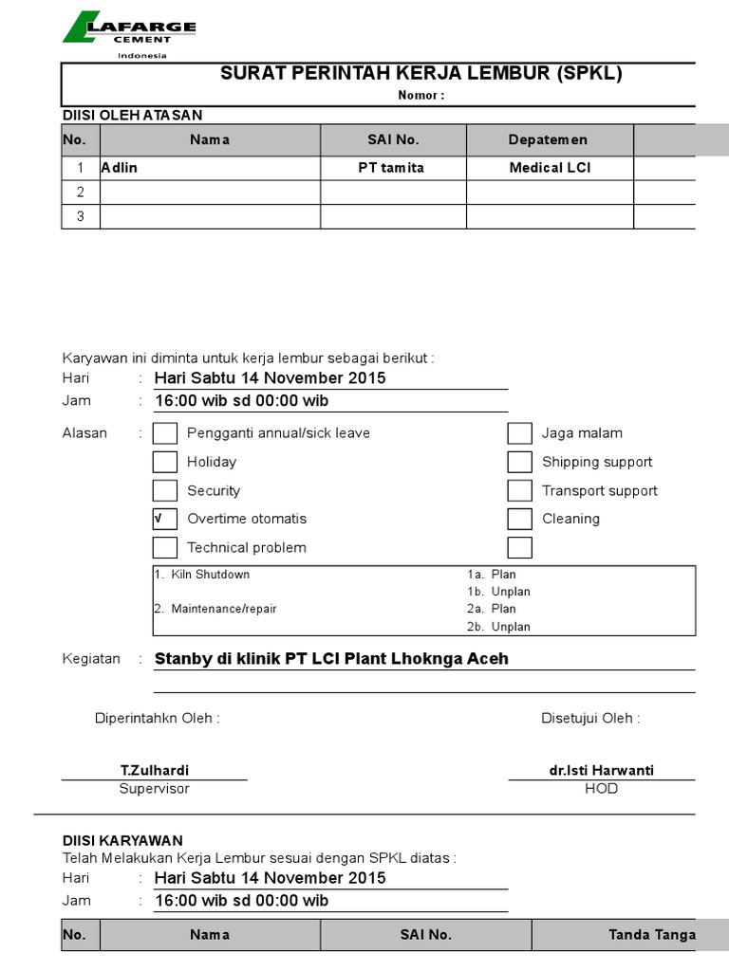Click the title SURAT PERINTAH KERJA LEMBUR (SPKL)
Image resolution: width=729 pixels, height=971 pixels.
click(x=421, y=74)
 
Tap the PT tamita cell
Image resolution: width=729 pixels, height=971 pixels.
click(x=393, y=168)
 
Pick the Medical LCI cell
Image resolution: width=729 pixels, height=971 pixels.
click(x=550, y=168)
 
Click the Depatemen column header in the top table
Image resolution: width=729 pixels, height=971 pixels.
click(x=548, y=140)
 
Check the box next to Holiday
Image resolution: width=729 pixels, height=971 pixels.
click(x=165, y=462)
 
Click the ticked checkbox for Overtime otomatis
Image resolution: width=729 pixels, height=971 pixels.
click(x=165, y=519)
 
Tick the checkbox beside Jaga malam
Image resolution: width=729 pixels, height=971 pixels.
click(x=519, y=433)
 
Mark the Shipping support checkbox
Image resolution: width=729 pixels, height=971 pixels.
click(x=519, y=462)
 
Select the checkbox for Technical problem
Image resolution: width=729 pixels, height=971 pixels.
click(x=165, y=547)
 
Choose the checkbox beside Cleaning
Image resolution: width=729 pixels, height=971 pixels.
click(x=519, y=519)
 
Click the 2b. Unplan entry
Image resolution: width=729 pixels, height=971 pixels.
click(x=498, y=627)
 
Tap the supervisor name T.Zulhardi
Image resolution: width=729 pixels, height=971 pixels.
click(x=154, y=771)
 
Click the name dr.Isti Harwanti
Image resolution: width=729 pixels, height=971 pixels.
click(x=601, y=771)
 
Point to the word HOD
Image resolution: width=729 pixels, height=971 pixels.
click(x=601, y=789)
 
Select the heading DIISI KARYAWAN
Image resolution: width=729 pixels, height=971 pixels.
click(x=122, y=841)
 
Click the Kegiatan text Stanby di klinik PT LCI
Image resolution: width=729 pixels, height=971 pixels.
click(x=331, y=659)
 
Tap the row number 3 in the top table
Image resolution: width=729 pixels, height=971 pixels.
click(x=81, y=216)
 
